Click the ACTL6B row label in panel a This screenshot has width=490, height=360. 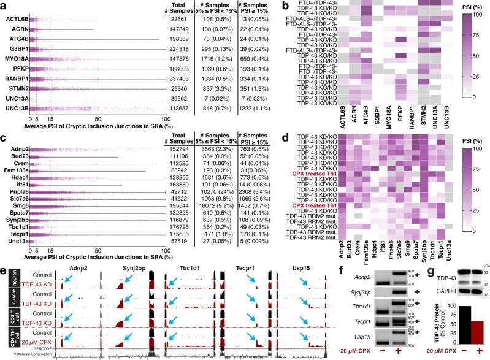click(15, 20)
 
